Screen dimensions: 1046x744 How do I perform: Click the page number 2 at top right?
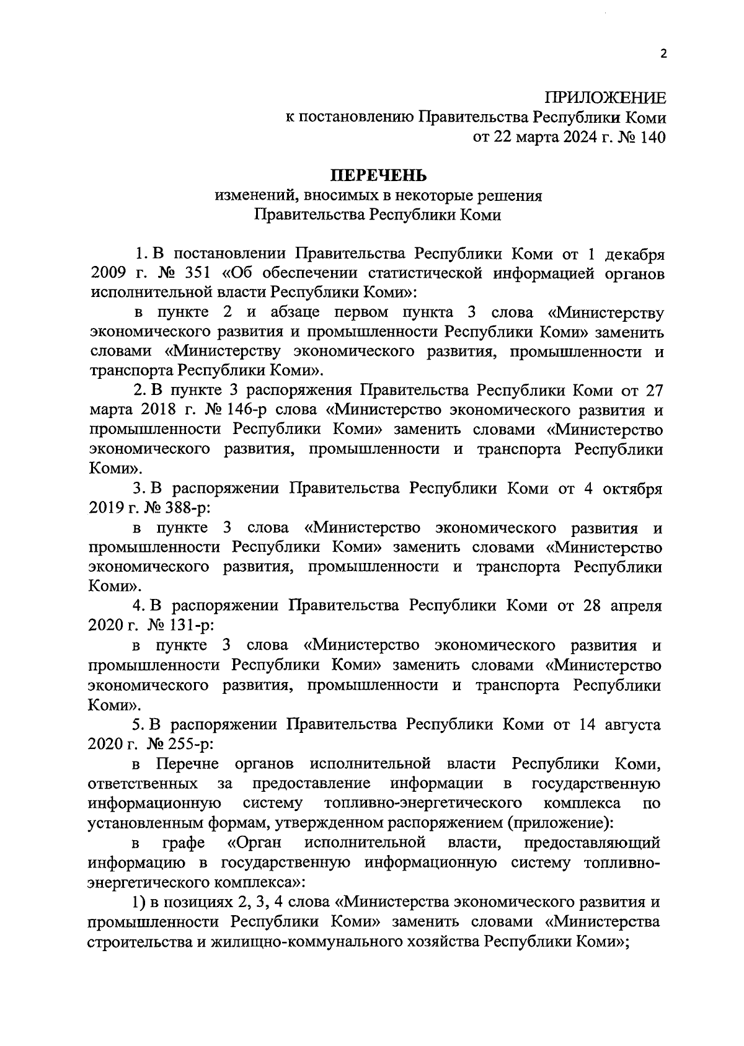tap(663, 54)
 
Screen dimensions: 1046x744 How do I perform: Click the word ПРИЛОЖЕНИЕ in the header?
tap(605, 98)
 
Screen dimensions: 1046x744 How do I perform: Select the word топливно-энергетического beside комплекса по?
tap(422, 803)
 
